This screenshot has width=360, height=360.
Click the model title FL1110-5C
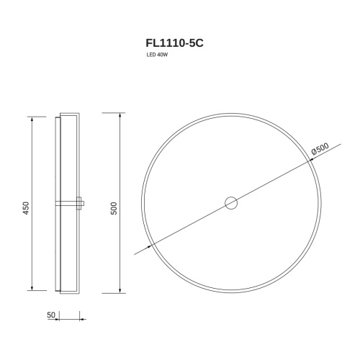pyautogui.click(x=174, y=43)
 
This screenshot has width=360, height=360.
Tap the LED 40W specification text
pyautogui.click(x=157, y=55)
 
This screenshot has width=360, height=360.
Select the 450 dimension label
pyautogui.click(x=26, y=208)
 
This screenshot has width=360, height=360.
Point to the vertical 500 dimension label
pyautogui.click(x=114, y=208)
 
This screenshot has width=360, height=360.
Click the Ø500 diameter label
pyautogui.click(x=320, y=148)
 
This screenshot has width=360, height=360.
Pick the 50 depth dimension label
pyautogui.click(x=51, y=315)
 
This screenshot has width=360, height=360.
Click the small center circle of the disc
pyautogui.click(x=231, y=203)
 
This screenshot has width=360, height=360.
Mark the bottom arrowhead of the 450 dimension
pyautogui.click(x=32, y=288)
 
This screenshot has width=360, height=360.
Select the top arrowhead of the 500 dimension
pyautogui.click(x=120, y=115)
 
